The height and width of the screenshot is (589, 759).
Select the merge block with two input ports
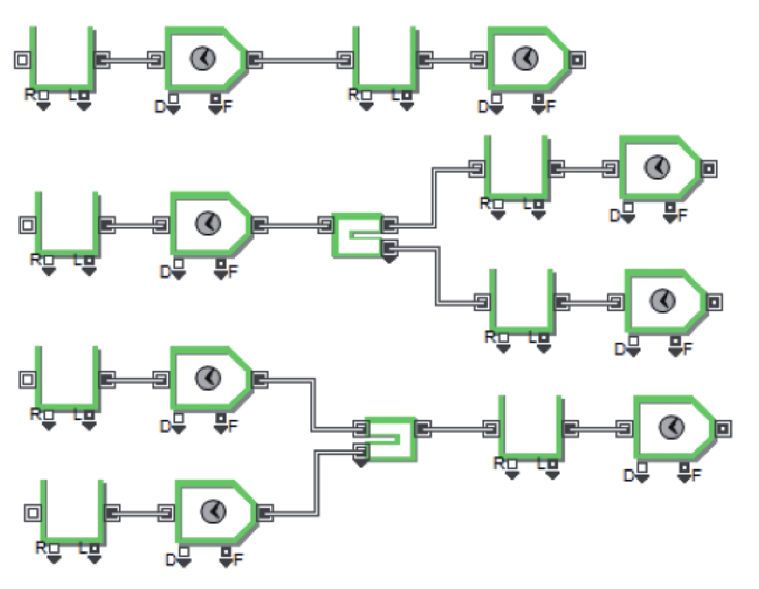[392, 439]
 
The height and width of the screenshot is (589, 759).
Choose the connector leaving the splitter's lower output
[438, 275]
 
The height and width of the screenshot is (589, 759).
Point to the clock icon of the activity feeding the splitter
[208, 223]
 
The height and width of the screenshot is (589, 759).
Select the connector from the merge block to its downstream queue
[458, 428]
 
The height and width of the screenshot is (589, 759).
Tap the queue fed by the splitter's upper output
[516, 168]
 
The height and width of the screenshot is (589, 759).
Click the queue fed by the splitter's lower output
[522, 302]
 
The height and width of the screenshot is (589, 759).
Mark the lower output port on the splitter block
[389, 249]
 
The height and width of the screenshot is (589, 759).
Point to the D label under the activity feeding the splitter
[165, 271]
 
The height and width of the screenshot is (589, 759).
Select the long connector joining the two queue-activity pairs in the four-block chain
[300, 59]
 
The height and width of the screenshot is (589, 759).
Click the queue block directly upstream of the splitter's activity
[67, 224]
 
